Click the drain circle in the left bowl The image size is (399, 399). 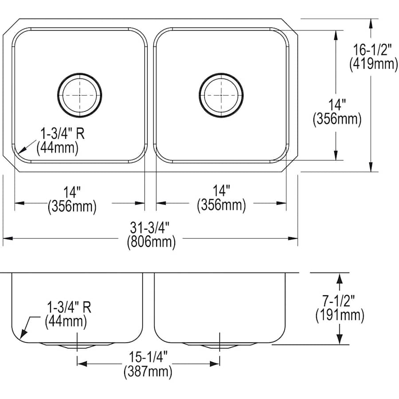pos(80,95)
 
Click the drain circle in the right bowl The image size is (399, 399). pos(221,95)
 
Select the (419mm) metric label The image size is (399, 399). pos(373,64)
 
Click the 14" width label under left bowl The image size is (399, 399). pos(72,192)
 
